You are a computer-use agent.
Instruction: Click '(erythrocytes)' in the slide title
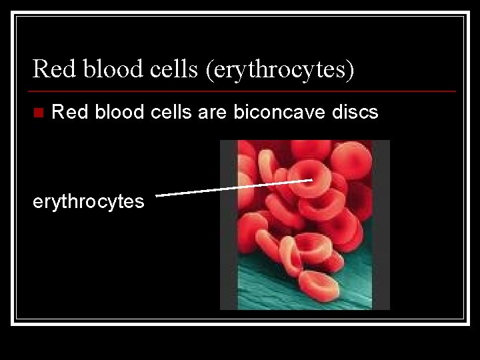(x=280, y=69)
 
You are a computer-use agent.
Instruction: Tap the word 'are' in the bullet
(x=213, y=112)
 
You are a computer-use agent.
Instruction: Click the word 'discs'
(x=355, y=112)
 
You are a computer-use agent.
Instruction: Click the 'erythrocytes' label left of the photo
(x=89, y=201)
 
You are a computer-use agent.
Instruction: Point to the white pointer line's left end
(x=157, y=195)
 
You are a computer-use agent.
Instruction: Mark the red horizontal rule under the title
(x=243, y=91)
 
